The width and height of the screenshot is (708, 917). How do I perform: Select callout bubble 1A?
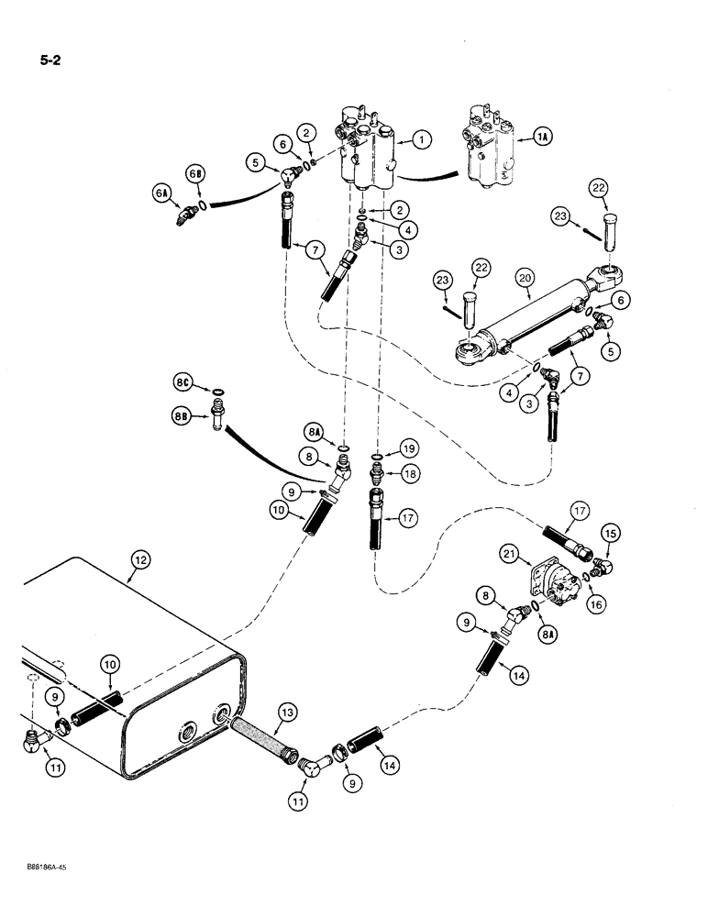click(x=544, y=138)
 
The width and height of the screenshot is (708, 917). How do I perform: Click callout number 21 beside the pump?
click(x=510, y=554)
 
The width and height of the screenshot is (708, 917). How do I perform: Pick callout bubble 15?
click(x=610, y=534)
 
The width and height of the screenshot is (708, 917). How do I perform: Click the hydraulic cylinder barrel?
click(x=532, y=316)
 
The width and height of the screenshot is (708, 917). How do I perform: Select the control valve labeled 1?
click(x=371, y=147)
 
